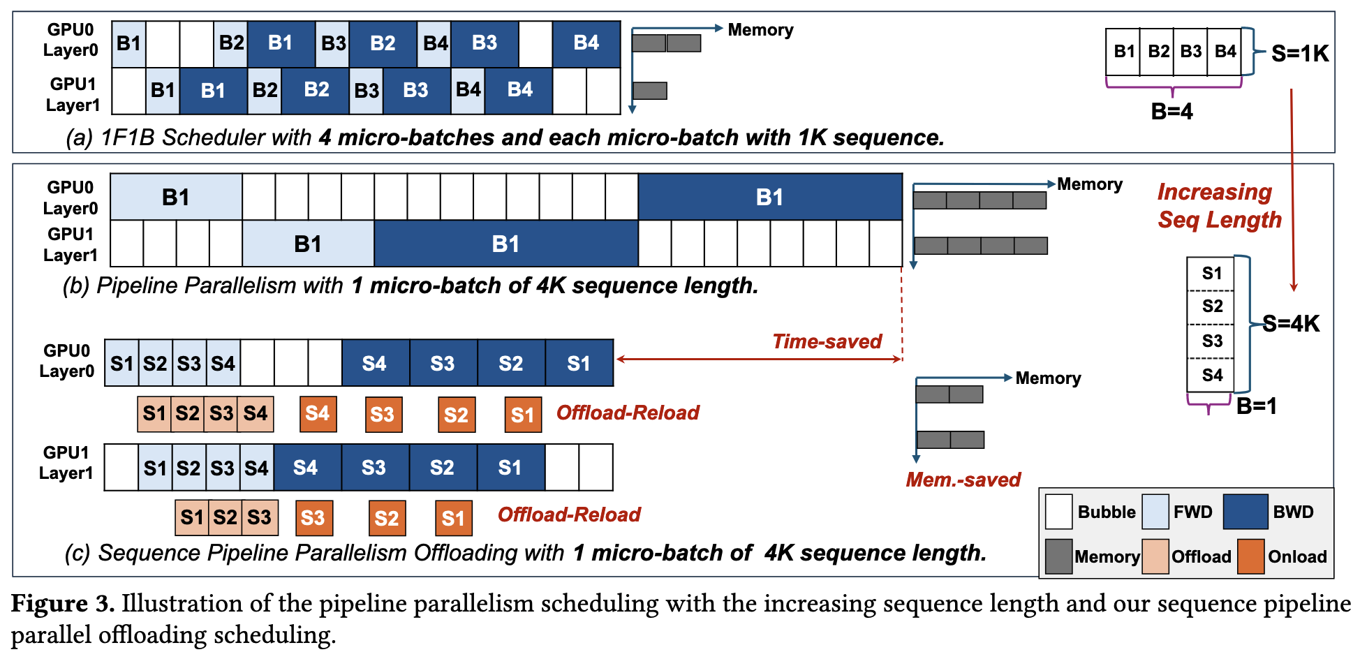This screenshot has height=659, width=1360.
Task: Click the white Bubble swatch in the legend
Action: [x=1058, y=512]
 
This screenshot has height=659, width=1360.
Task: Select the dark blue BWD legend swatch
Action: [x=1246, y=512]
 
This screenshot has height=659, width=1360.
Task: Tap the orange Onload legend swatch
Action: [x=1250, y=556]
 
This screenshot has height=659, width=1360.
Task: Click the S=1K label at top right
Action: [x=1300, y=54]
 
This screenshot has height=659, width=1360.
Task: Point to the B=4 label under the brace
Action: [x=1171, y=111]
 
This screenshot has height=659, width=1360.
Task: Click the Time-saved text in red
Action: [x=827, y=341]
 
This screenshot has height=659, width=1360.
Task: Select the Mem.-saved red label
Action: [x=963, y=480]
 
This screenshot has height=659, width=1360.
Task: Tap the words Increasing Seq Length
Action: [x=1219, y=206]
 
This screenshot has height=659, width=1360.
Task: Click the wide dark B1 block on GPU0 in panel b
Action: [x=770, y=198]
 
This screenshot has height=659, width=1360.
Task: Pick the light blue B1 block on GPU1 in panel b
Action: [x=308, y=244]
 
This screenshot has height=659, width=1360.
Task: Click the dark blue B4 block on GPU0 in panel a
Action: [x=586, y=43]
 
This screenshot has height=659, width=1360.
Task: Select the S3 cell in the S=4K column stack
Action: [x=1212, y=341]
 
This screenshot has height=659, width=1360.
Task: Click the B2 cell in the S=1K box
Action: [x=1158, y=52]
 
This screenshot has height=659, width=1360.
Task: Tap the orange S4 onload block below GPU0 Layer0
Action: [x=318, y=413]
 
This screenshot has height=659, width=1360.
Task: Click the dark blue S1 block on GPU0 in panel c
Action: [x=579, y=363]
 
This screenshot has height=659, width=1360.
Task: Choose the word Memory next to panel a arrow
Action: [x=760, y=30]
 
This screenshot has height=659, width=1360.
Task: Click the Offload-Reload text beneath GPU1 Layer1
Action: [x=568, y=514]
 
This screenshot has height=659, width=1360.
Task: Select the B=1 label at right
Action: [x=1256, y=406]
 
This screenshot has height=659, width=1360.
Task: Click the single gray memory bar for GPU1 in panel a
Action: [x=649, y=91]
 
